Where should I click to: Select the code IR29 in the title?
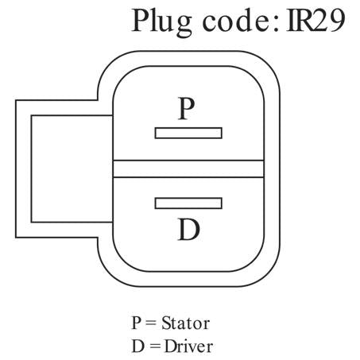316,21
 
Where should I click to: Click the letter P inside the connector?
187,109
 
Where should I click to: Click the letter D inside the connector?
189,230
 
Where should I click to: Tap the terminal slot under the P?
188,133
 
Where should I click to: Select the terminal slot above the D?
188,203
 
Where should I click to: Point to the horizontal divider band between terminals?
188,168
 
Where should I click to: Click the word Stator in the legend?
186,323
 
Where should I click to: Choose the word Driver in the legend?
188,346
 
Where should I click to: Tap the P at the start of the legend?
137,323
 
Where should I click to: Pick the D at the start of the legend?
137,346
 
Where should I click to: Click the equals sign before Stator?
151,323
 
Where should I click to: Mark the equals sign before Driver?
154,346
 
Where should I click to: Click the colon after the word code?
276,24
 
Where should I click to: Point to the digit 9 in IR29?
337,21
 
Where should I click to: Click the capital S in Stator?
166,323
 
